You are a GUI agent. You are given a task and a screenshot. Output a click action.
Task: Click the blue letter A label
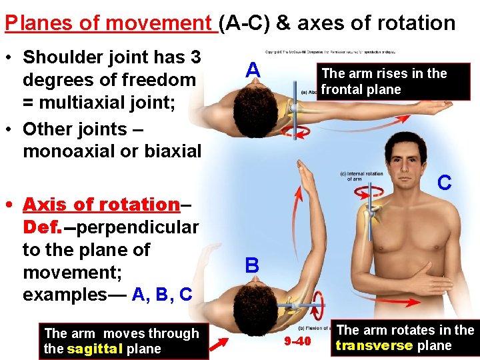pos(252,70)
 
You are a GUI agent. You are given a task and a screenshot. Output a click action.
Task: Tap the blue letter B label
pos(252,266)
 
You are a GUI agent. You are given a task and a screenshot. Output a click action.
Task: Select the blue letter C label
pos(445,182)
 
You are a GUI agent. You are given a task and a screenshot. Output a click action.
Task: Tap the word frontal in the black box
pos(341,89)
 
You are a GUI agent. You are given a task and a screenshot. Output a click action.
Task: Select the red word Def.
pos(42,227)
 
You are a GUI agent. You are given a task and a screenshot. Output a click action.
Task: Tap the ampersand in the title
pos(283,23)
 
